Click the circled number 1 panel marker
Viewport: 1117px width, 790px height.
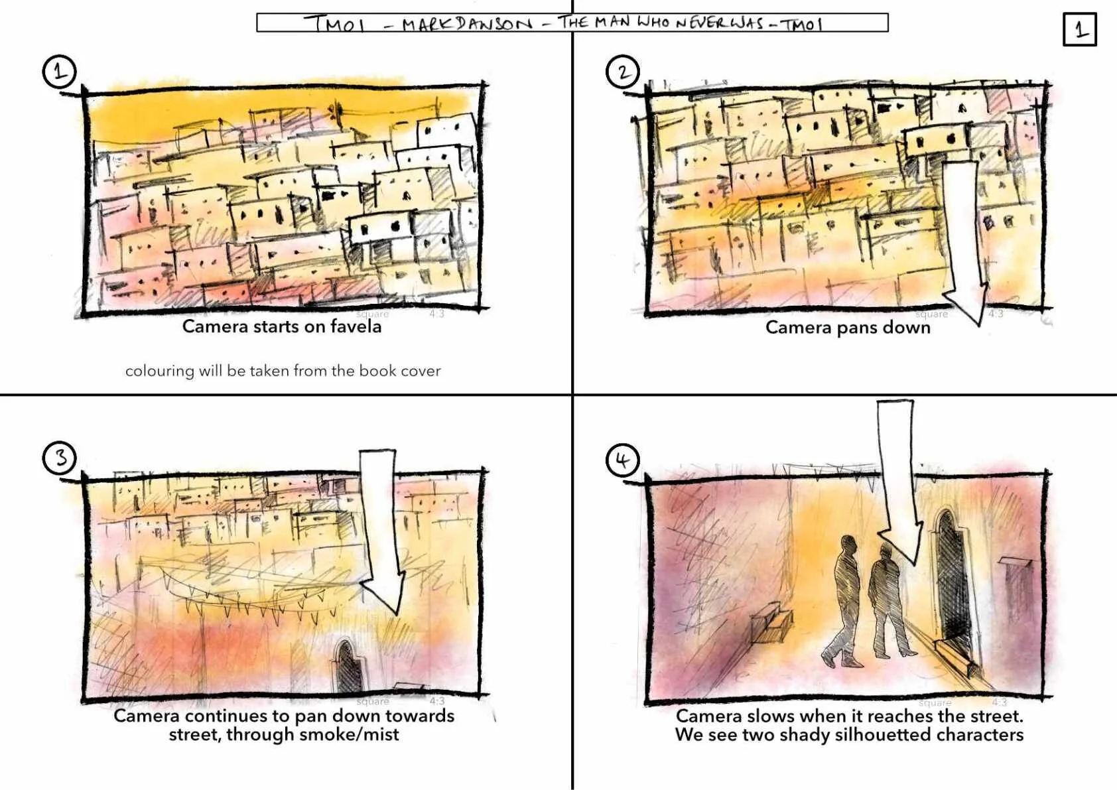(x=59, y=72)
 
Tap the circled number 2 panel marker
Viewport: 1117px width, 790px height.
(x=623, y=72)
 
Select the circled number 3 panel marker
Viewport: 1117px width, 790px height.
(x=59, y=458)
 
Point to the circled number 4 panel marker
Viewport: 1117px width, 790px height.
(x=623, y=459)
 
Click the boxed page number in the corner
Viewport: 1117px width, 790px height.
(x=1080, y=29)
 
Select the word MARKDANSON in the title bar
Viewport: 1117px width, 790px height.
(x=467, y=23)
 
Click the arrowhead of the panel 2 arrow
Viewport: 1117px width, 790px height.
(x=965, y=304)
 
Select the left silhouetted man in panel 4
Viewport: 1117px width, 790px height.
(x=843, y=601)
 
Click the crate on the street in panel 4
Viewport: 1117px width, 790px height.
(x=771, y=624)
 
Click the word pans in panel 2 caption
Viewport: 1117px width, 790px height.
(x=860, y=328)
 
